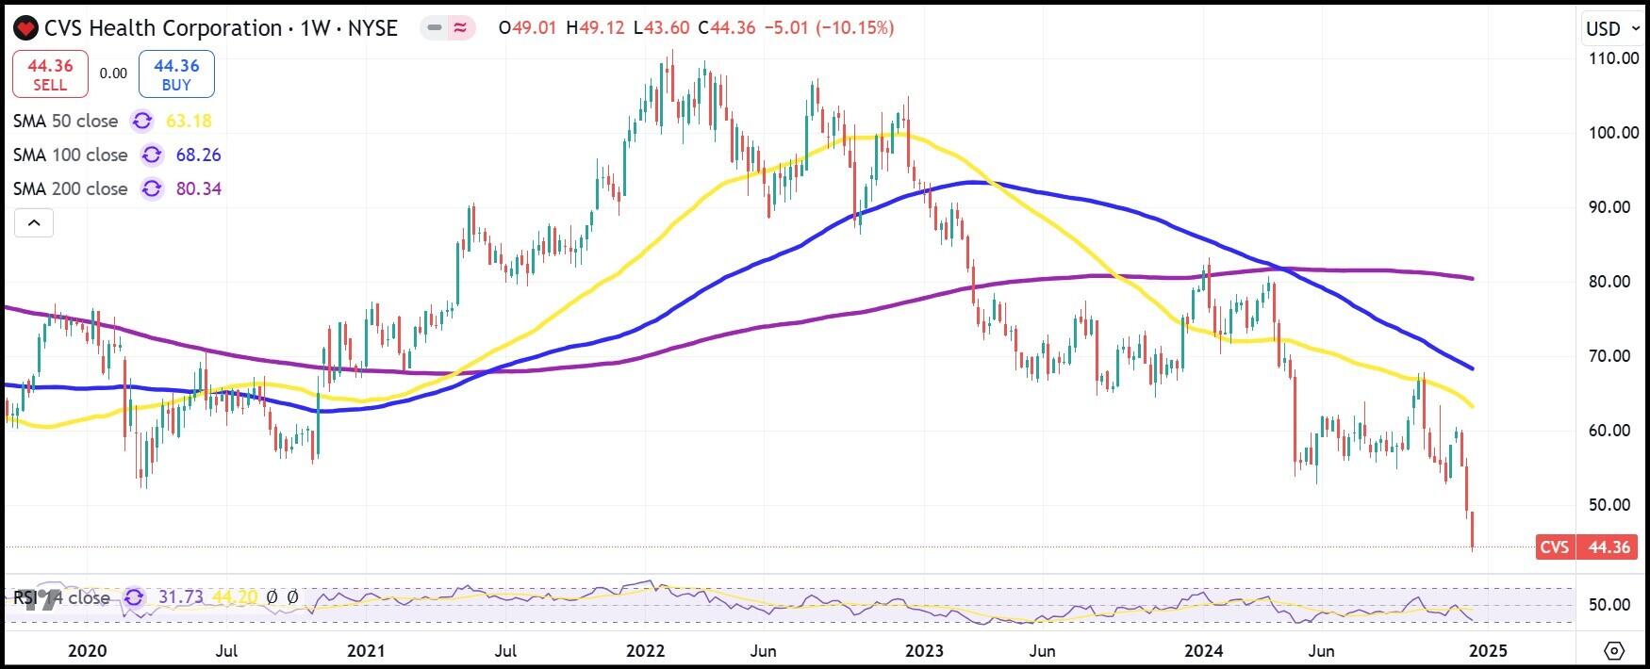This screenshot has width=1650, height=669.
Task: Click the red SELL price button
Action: (x=50, y=74)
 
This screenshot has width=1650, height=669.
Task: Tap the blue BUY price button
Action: (x=176, y=74)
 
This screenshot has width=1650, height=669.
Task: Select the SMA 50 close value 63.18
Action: (x=189, y=121)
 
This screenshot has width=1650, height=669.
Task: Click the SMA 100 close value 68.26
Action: (x=198, y=155)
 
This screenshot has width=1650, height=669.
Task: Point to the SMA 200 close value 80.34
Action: (x=198, y=188)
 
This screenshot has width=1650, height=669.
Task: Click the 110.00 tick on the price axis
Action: (x=1613, y=57)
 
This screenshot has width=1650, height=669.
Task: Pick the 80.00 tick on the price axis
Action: (x=1613, y=281)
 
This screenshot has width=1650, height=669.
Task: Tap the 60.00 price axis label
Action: (x=1613, y=430)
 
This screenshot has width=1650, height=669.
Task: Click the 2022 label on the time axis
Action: (x=646, y=650)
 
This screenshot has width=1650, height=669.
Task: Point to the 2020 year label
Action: (x=88, y=650)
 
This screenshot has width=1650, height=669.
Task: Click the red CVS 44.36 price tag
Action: (x=1589, y=547)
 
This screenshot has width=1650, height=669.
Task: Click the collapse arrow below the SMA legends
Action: (x=34, y=223)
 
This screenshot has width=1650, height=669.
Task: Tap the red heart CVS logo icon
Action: (x=25, y=28)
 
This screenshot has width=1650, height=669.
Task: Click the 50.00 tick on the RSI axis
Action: (x=1609, y=604)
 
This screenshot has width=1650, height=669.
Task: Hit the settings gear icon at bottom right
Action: (x=1614, y=650)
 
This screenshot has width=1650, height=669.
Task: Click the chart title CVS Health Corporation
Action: (x=162, y=28)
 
